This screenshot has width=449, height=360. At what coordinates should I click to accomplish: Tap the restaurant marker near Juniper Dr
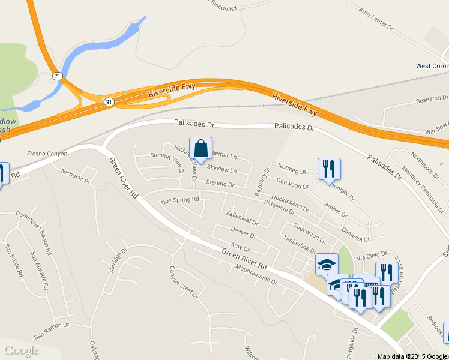point(328,169)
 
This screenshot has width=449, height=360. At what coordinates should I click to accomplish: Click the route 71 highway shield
point(57,76)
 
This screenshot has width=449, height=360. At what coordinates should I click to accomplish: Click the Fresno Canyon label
point(47,154)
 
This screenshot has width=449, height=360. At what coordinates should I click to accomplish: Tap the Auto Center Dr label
point(376,19)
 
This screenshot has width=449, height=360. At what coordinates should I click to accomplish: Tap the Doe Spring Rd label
point(180,200)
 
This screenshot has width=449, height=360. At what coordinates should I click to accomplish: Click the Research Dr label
point(432,98)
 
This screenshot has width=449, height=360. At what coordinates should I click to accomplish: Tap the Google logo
point(22,350)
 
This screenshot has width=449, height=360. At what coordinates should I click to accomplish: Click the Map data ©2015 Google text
point(413,356)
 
